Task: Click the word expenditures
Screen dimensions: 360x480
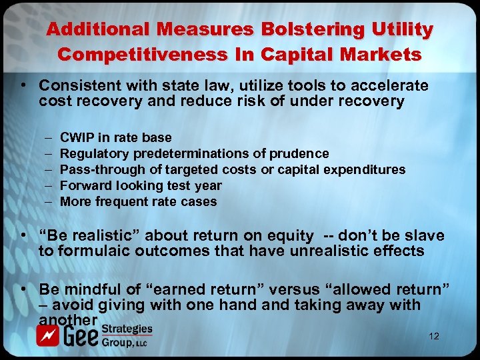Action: (x=367, y=169)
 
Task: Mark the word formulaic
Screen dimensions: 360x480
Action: (x=94, y=251)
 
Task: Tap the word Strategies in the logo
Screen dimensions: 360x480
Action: (x=127, y=329)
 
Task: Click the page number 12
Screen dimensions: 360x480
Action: (x=433, y=336)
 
